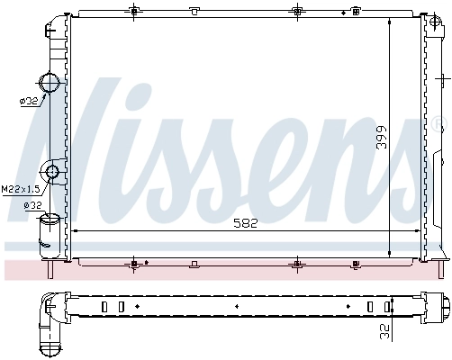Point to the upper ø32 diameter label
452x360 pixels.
(28, 102)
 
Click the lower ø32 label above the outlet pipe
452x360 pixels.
(32, 205)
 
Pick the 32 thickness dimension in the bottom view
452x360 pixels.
(385, 330)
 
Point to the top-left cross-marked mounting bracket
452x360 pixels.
(134, 11)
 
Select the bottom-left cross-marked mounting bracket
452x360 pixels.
(134, 264)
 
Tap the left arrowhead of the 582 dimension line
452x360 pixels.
(75, 231)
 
